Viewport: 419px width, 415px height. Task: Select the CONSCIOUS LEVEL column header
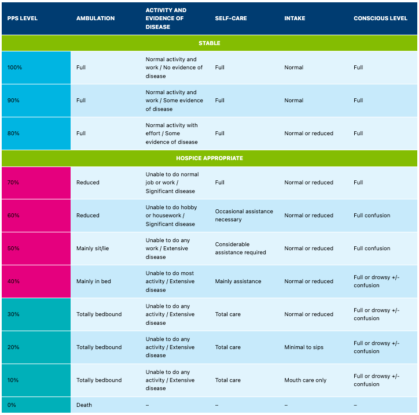click(380, 18)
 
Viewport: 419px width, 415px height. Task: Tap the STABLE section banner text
click(209, 43)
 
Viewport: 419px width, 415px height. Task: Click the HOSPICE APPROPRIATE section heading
click(209, 158)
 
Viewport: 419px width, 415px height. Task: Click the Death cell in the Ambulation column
click(84, 405)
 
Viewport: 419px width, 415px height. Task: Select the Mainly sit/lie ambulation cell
click(93, 249)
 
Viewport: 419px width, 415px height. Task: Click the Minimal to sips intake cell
click(304, 347)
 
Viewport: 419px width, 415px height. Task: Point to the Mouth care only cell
click(306, 380)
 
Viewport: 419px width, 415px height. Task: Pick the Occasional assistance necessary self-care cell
click(244, 216)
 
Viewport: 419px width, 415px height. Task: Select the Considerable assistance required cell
click(240, 249)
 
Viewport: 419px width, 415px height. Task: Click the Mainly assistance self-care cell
click(238, 281)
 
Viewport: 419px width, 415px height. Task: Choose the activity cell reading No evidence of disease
click(174, 68)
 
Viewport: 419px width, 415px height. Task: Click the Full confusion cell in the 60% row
click(372, 216)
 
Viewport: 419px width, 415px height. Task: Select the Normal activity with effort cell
click(171, 134)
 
